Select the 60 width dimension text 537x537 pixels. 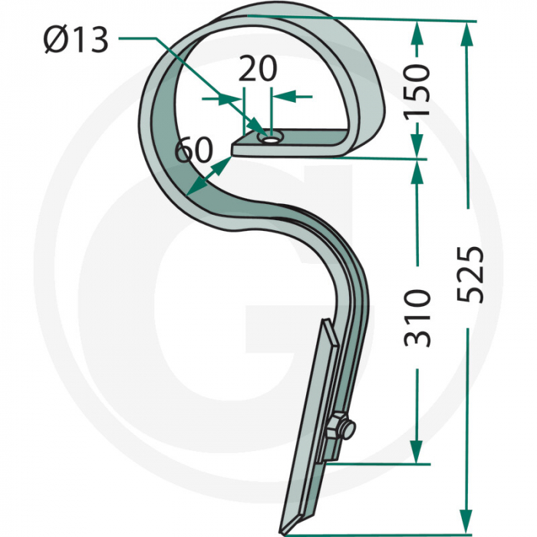click(x=193, y=149)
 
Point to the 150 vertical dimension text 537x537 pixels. click(x=416, y=90)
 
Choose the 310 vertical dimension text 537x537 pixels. click(x=416, y=317)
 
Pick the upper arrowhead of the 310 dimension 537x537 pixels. click(x=417, y=171)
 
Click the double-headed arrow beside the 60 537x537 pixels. click(x=208, y=176)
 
